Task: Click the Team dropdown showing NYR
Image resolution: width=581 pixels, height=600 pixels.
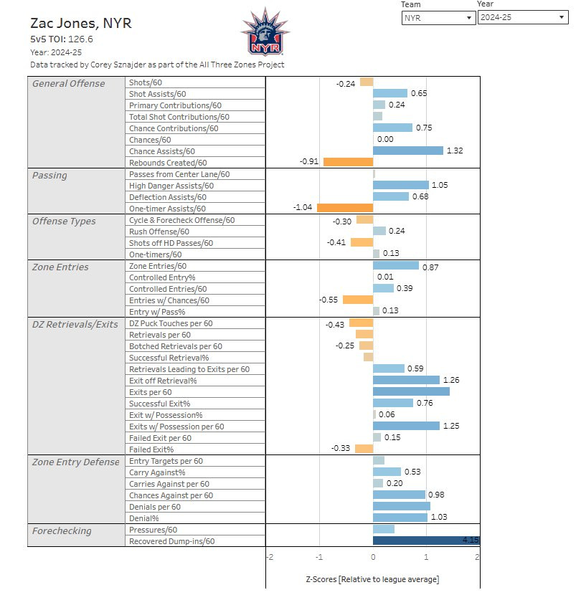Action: tap(438, 17)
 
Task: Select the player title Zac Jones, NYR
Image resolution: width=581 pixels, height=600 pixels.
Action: tap(81, 23)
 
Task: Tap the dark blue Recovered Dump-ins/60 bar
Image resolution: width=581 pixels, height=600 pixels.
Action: tap(423, 541)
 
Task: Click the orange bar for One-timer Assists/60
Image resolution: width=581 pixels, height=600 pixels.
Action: tap(345, 208)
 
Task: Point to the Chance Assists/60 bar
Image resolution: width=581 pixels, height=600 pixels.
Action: tap(408, 151)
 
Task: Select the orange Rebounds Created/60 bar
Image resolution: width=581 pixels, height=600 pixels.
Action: tap(348, 162)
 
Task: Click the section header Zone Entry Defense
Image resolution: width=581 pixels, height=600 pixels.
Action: tap(76, 462)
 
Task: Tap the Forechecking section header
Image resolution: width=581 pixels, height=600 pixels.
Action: tap(62, 531)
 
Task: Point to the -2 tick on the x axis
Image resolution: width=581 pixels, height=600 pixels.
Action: tap(269, 557)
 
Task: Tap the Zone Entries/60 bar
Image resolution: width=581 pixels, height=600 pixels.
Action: tap(396, 266)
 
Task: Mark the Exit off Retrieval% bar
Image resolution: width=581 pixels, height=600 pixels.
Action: tap(406, 381)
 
